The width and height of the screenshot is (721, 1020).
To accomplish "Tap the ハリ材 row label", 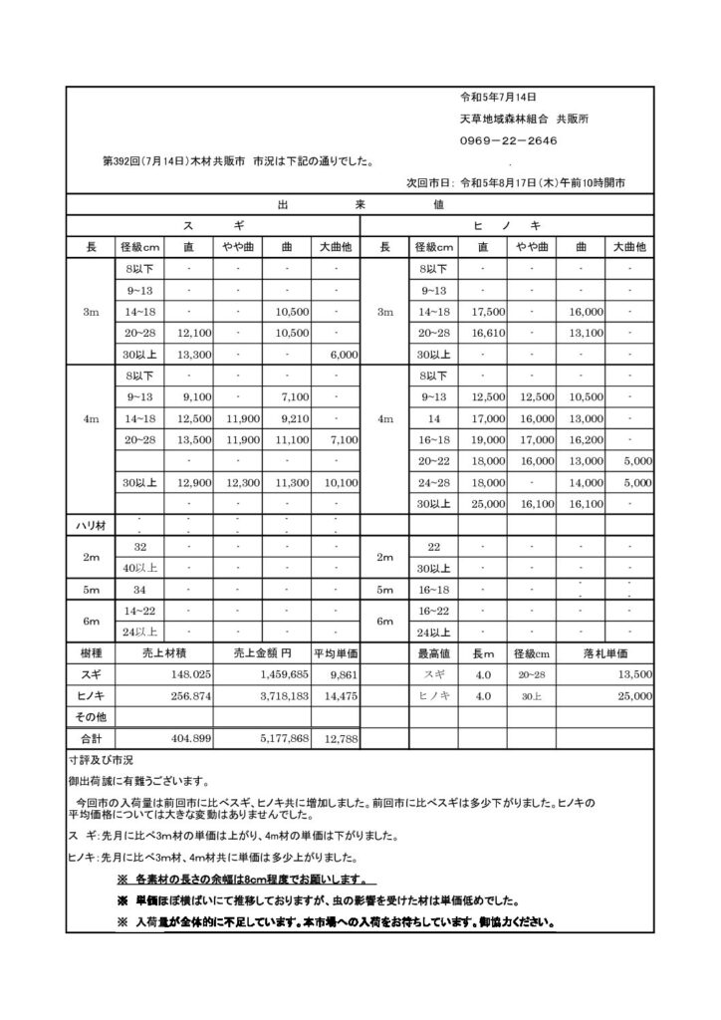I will tap(91, 525).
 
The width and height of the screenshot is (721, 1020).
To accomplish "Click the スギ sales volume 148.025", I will tap(189, 674).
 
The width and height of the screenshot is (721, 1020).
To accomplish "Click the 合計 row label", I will tap(91, 738).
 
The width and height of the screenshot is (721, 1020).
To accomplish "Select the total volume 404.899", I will tap(189, 738).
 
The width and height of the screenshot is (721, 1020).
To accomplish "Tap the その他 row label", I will tap(91, 717).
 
